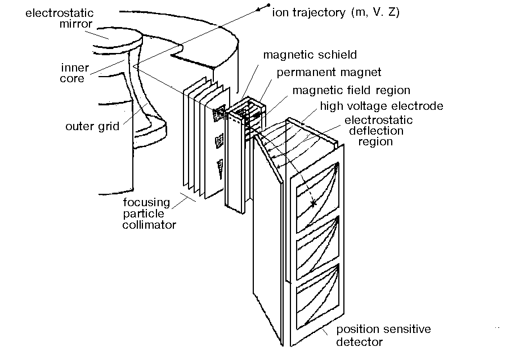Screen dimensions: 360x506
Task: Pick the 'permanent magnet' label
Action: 328,72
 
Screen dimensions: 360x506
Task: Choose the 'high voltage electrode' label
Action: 381,105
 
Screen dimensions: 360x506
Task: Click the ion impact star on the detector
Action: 312,202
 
